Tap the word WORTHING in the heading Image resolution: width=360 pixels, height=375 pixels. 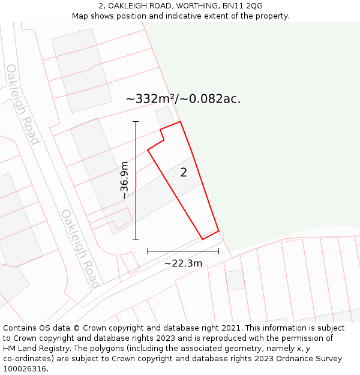(186, 6)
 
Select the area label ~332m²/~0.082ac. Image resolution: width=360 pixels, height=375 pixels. (183, 99)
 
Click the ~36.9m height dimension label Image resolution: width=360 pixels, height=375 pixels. (124, 180)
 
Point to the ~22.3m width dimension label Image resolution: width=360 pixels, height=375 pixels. (183, 263)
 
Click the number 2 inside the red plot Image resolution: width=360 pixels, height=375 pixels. (184, 173)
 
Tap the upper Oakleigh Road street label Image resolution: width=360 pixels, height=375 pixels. (23, 104)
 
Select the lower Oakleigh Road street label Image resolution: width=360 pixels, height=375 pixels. (80, 248)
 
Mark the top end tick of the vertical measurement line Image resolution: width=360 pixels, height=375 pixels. (136, 122)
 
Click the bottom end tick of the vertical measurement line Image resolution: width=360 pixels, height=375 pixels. (136, 239)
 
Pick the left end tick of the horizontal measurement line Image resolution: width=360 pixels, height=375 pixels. (148, 251)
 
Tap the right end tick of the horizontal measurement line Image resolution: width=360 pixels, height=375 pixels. (218, 251)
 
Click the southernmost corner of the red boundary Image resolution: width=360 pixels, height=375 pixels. (203, 239)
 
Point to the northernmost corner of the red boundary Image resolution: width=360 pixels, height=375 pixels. (180, 122)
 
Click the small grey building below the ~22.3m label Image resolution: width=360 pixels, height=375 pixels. (235, 280)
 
